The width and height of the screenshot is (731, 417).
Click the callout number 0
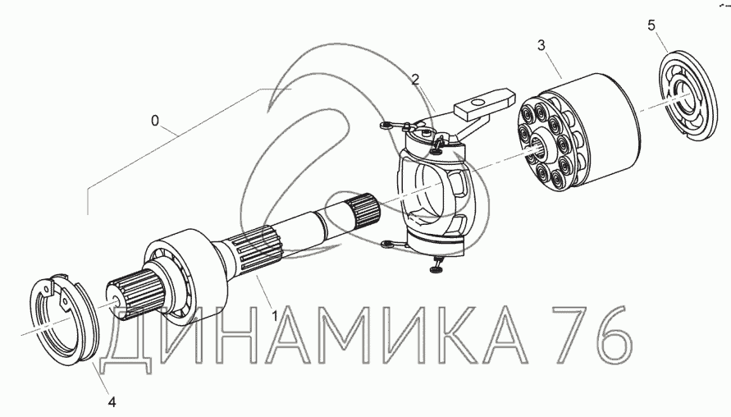pos(155,121)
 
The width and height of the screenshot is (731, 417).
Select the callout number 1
pos(275,316)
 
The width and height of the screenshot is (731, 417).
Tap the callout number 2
pos(415,80)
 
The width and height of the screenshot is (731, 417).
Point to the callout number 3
pos(541,45)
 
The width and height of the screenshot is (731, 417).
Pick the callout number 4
pos(112,401)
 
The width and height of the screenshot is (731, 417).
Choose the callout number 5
pos(651,25)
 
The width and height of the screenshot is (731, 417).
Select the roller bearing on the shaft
pos(185,275)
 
